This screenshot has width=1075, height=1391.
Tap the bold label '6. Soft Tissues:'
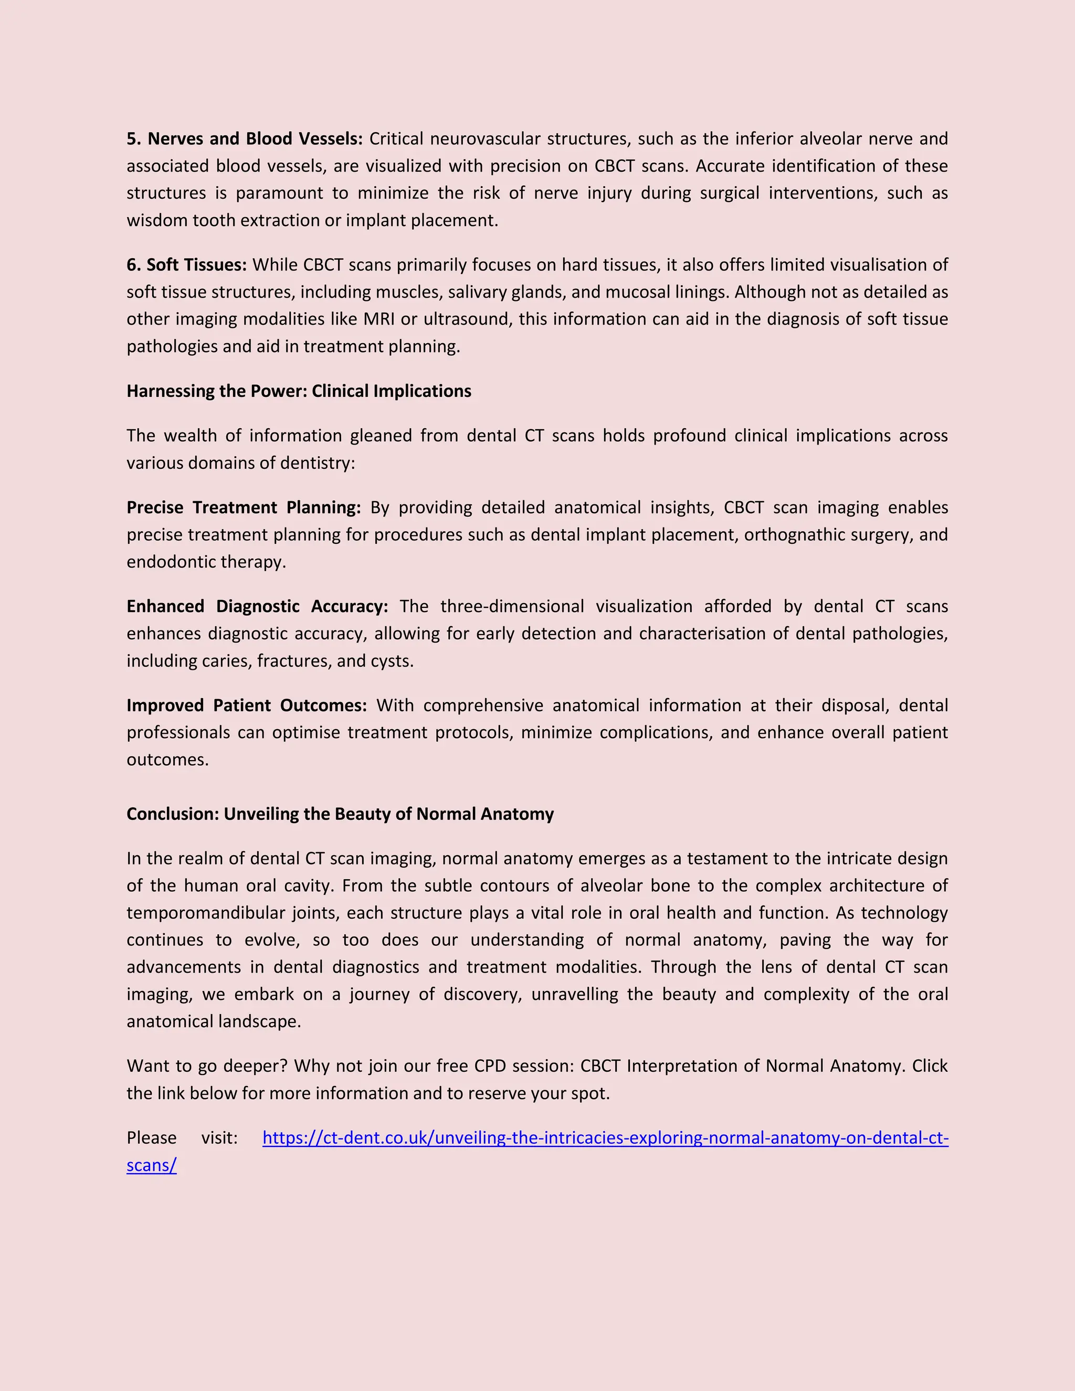click(x=186, y=265)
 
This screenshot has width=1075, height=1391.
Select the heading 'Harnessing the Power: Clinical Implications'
click(x=299, y=391)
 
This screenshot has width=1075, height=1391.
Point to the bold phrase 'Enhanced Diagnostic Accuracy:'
click(x=257, y=606)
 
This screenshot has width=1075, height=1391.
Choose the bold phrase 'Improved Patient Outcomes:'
click(x=247, y=705)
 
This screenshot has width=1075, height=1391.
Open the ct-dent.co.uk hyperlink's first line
click(x=605, y=1137)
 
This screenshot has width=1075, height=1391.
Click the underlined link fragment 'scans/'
click(x=152, y=1165)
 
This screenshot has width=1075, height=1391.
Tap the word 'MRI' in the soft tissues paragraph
click(x=379, y=319)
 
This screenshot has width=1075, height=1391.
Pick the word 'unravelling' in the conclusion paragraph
click(x=574, y=994)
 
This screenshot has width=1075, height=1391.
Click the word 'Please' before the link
click(x=152, y=1137)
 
